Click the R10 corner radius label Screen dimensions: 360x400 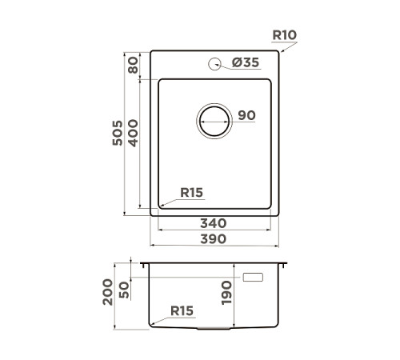(x=284, y=35)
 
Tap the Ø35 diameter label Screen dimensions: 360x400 (x=246, y=64)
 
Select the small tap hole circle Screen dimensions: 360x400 (x=214, y=64)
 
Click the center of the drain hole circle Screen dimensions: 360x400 (x=214, y=122)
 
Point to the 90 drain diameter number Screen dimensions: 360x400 (x=246, y=116)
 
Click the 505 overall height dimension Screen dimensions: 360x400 (x=118, y=133)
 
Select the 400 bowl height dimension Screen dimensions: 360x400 (x=134, y=133)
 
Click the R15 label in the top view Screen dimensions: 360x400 (x=192, y=192)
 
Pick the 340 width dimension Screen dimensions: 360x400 (x=214, y=223)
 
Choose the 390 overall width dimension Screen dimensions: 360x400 (x=214, y=238)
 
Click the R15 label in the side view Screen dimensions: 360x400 (x=182, y=311)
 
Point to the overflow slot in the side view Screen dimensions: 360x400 (x=253, y=278)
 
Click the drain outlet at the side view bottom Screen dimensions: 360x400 (x=214, y=328)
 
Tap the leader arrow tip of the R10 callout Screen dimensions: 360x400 (x=281, y=52)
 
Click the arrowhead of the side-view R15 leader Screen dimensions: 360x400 (x=152, y=323)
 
